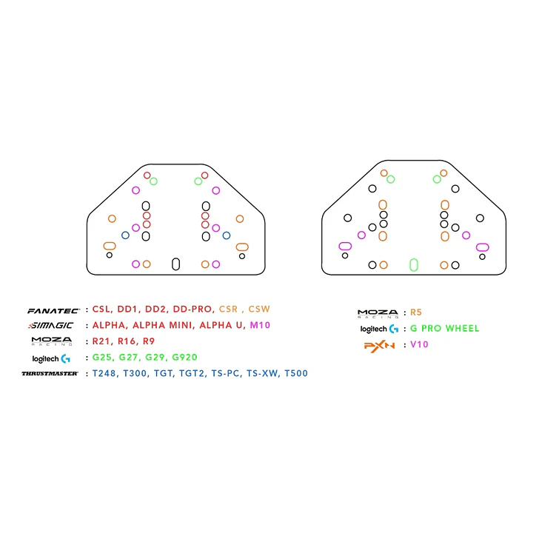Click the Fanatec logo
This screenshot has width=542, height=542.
(53, 311)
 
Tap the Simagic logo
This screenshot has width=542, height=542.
(51, 326)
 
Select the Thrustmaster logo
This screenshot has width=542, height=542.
(50, 373)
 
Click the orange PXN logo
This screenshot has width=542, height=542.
(379, 346)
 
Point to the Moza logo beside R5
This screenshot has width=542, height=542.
(378, 313)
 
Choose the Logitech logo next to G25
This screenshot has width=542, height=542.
(51, 359)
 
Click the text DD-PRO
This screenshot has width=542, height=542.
(192, 309)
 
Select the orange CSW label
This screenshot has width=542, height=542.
(259, 309)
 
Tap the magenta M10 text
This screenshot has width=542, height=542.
(260, 325)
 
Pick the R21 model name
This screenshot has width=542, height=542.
(101, 341)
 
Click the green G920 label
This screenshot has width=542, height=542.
(184, 357)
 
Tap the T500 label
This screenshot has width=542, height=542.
(296, 373)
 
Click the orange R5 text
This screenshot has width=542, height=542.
(416, 312)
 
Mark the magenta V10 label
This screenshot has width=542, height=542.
(419, 344)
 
